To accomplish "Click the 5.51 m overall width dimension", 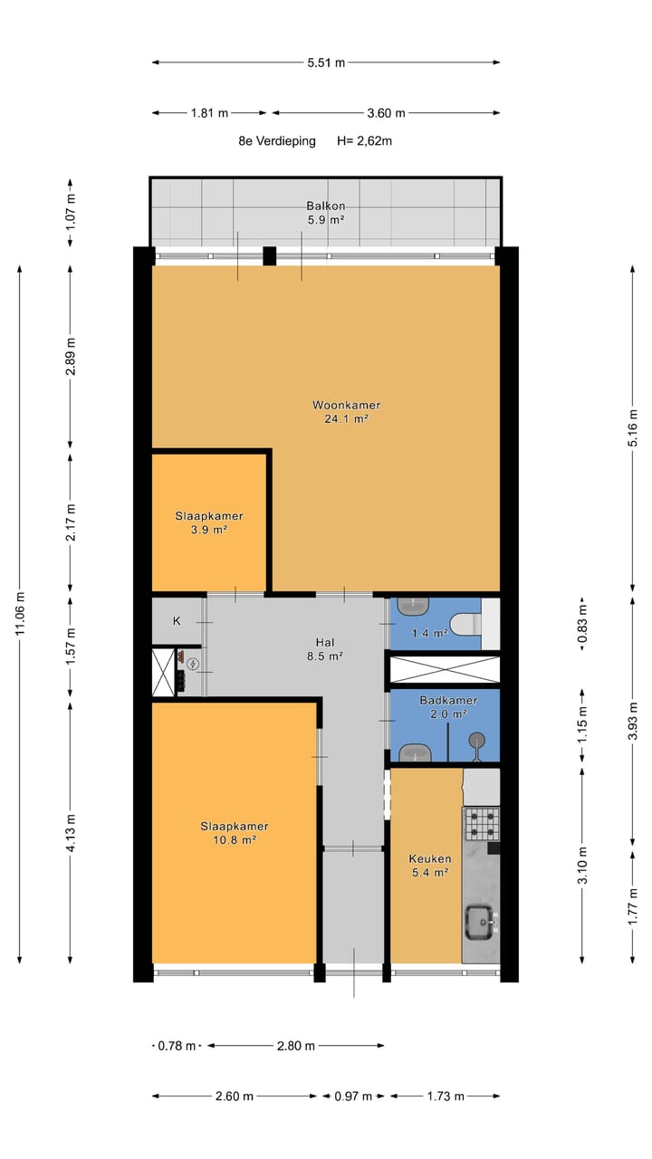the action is pyautogui.click(x=326, y=62).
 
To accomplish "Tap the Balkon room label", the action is pyautogui.click(x=325, y=206).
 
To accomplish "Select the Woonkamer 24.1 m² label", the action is pyautogui.click(x=346, y=412).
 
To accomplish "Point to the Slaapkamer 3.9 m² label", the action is pyautogui.click(x=209, y=522).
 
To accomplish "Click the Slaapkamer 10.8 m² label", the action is pyautogui.click(x=235, y=833).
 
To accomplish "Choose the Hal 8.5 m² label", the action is pyautogui.click(x=325, y=649).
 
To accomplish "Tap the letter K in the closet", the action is pyautogui.click(x=177, y=621).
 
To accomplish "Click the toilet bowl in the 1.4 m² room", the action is pyautogui.click(x=465, y=625).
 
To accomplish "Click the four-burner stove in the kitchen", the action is pyautogui.click(x=482, y=824).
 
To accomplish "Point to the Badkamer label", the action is pyautogui.click(x=448, y=701).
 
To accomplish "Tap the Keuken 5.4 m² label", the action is pyautogui.click(x=430, y=866).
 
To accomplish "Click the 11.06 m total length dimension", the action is pyautogui.click(x=20, y=615).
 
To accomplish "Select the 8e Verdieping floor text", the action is pyautogui.click(x=277, y=140).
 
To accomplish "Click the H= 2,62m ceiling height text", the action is pyautogui.click(x=364, y=140).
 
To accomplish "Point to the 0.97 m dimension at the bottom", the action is pyautogui.click(x=353, y=1096).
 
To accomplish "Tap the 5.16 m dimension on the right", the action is pyautogui.click(x=632, y=428).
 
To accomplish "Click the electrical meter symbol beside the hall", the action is pyautogui.click(x=193, y=664).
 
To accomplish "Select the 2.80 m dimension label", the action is pyautogui.click(x=296, y=1046).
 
